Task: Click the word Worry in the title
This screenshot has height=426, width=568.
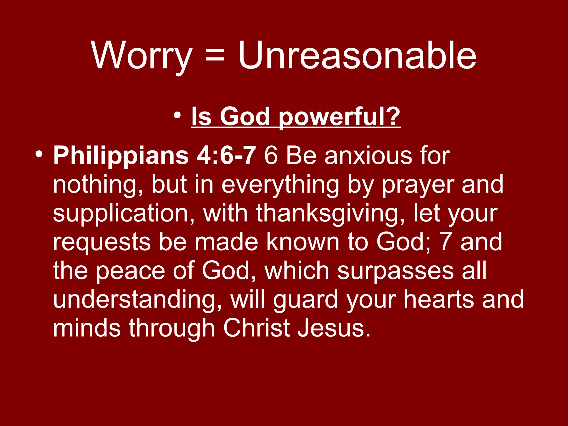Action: (x=142, y=56)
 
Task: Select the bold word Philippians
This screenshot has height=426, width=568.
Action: (x=121, y=156)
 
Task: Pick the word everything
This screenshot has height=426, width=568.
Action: (x=280, y=185)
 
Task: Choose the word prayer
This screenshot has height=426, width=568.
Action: (x=418, y=185)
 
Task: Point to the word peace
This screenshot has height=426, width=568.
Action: (x=130, y=271)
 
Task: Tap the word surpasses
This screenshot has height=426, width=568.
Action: (x=395, y=271)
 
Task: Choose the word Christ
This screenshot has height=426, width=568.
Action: (x=257, y=328)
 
